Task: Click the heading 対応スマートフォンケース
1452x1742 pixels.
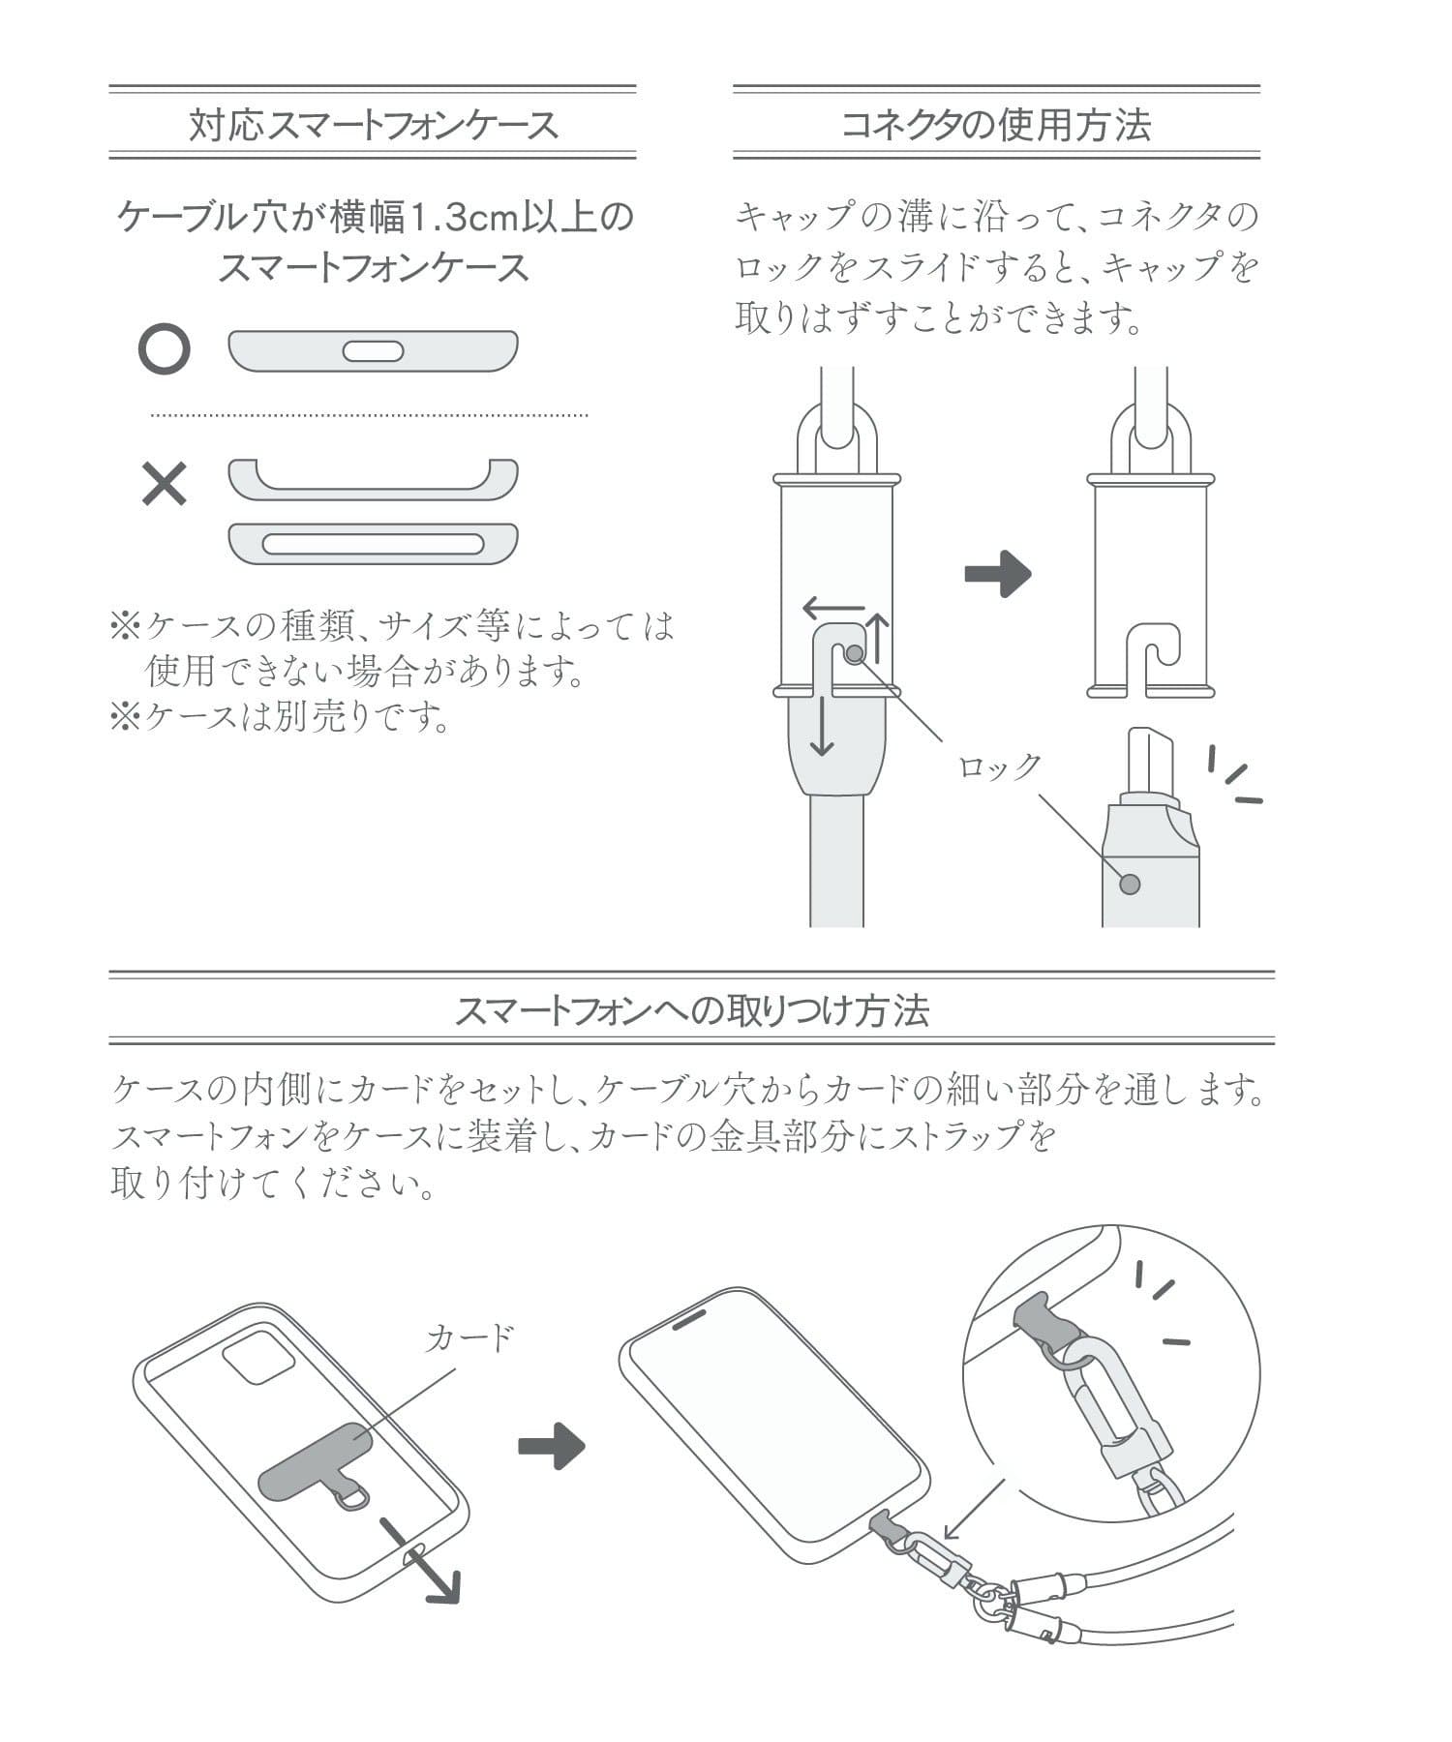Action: (x=373, y=125)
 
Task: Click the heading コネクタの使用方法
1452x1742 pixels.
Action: (x=996, y=125)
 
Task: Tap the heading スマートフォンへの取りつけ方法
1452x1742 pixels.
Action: (x=691, y=1010)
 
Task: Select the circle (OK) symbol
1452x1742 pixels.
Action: (x=164, y=349)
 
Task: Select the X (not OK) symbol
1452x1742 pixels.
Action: (x=164, y=484)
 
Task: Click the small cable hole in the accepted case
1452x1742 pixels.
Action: (x=373, y=351)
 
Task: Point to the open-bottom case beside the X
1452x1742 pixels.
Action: (x=373, y=479)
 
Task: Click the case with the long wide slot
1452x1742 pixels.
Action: (x=373, y=543)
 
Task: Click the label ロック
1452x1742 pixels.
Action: (x=1000, y=766)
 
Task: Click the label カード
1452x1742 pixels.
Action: (x=469, y=1338)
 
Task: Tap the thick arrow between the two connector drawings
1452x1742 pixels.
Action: (x=998, y=574)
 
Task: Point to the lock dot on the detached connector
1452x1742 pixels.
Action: (x=1129, y=884)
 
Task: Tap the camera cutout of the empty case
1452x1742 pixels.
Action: (x=258, y=1364)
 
